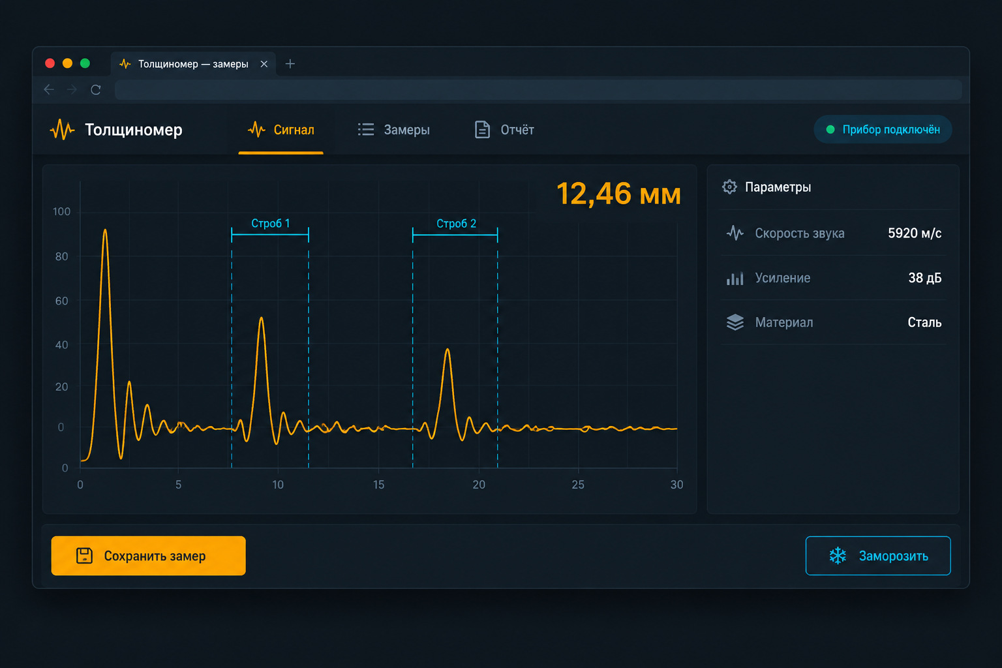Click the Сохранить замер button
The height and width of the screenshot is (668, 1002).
coord(148,555)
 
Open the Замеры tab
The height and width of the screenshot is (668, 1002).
coord(393,130)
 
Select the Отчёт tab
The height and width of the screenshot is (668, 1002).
coord(504,130)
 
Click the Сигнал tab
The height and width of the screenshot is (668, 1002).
coord(281,130)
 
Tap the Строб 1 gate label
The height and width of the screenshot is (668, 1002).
coord(271,223)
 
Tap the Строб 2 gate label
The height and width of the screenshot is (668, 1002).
coord(456,223)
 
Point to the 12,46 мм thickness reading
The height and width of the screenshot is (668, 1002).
coord(618,194)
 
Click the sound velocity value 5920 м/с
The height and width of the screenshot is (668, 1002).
coord(915,233)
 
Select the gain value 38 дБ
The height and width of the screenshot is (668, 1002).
coord(924,278)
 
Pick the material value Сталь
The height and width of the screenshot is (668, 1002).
coord(924,322)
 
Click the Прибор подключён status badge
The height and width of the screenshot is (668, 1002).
coord(883,129)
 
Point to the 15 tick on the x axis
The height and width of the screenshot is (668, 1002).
coord(378,485)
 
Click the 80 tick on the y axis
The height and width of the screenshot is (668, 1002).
coord(62,256)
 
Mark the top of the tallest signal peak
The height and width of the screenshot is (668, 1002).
coord(105,230)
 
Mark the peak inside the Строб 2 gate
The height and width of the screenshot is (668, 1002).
coord(448,349)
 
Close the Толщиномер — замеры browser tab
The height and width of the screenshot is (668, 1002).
coord(264,64)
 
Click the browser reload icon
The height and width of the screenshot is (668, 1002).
coord(96,90)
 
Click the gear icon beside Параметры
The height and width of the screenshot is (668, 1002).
coord(729,187)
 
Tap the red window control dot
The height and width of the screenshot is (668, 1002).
coord(50,63)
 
